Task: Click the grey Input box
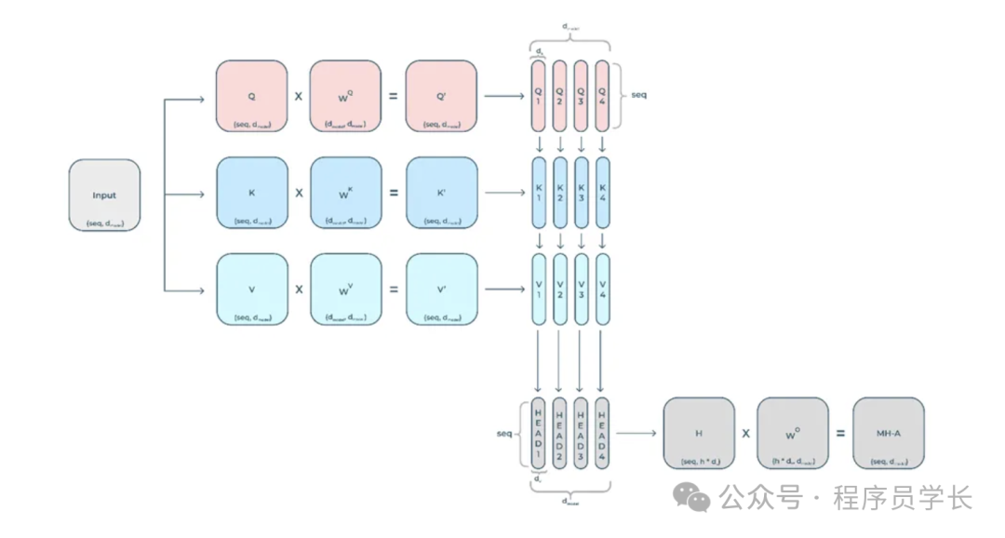[x=104, y=195]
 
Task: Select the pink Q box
[x=251, y=96]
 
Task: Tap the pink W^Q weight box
[x=345, y=96]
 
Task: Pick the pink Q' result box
[x=441, y=96]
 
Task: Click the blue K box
[x=251, y=193]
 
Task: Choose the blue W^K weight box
[x=345, y=193]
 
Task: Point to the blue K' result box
[x=441, y=193]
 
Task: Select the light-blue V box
[x=251, y=289]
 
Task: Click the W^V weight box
[x=345, y=289]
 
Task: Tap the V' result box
[x=441, y=289]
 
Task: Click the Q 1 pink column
[x=538, y=96]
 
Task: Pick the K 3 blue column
[x=582, y=193]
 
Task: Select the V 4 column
[x=603, y=289]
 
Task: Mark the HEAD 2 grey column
[x=559, y=433]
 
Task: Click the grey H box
[x=698, y=433]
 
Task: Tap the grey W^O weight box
[x=792, y=433]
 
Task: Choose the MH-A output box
[x=888, y=433]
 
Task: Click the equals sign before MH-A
[x=840, y=433]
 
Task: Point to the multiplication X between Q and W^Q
[x=299, y=96]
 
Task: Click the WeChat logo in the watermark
[x=692, y=497]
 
